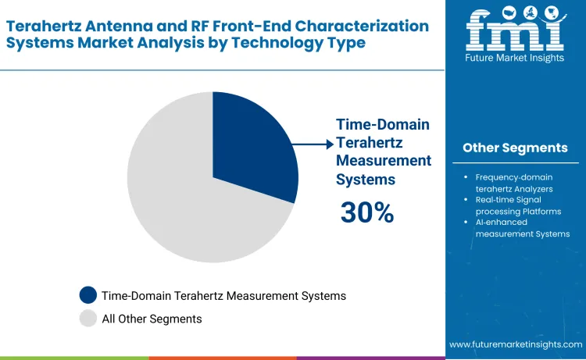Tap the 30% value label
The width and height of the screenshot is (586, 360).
coord(366,212)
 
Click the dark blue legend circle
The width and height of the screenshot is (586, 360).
coord(88,295)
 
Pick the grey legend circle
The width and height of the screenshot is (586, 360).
coord(88,318)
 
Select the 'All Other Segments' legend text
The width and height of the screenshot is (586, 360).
coord(152,319)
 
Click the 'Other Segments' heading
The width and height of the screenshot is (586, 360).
coord(515,148)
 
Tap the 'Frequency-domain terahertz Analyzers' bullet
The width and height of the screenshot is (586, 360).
coord(514,183)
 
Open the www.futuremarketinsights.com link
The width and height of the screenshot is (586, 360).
coord(516,344)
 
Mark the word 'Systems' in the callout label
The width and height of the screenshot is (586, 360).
coord(365,179)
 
